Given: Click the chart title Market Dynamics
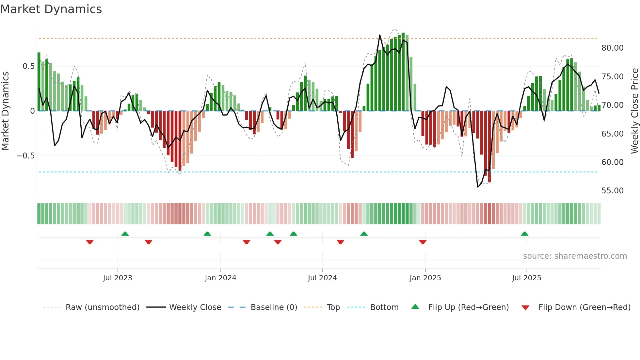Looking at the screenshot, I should (51, 9).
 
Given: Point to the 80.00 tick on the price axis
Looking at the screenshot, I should (612, 48).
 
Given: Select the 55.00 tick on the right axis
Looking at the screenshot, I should (612, 191).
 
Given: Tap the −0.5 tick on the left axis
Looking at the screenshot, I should (26, 156).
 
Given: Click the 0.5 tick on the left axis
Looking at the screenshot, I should (28, 66).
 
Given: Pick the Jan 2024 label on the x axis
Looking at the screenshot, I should (220, 278).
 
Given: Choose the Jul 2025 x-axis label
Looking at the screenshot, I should (526, 278).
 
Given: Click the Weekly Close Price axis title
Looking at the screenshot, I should (634, 111).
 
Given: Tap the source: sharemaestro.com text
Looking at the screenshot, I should (575, 256).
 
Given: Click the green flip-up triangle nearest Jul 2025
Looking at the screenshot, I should (524, 234).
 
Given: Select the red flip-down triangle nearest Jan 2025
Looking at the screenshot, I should (423, 242).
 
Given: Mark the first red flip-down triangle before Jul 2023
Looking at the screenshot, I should (90, 242).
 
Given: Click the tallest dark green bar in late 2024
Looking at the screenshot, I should (403, 72).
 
